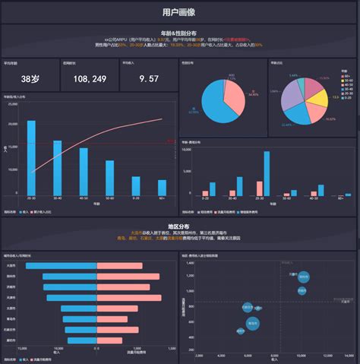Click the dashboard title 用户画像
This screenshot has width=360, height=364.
pyautogui.click(x=179, y=12)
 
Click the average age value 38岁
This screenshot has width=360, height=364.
pyautogui.click(x=30, y=78)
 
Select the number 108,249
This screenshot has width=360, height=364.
pyautogui.click(x=89, y=78)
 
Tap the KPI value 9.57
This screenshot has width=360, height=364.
pyautogui.click(x=150, y=78)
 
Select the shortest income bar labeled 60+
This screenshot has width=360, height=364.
pyautogui.click(x=162, y=188)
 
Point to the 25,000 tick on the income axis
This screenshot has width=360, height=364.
pyautogui.click(x=13, y=104)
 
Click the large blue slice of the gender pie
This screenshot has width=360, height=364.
pyautogui.click(x=216, y=110)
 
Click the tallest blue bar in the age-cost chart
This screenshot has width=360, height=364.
pyautogui.click(x=267, y=173)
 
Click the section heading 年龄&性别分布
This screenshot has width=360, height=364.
pyautogui.click(x=179, y=33)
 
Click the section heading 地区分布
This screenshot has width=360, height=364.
pyautogui.click(x=179, y=226)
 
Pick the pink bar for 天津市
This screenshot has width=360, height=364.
pyautogui.click(x=129, y=298)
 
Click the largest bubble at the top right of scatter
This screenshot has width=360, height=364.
pyautogui.click(x=304, y=277)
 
